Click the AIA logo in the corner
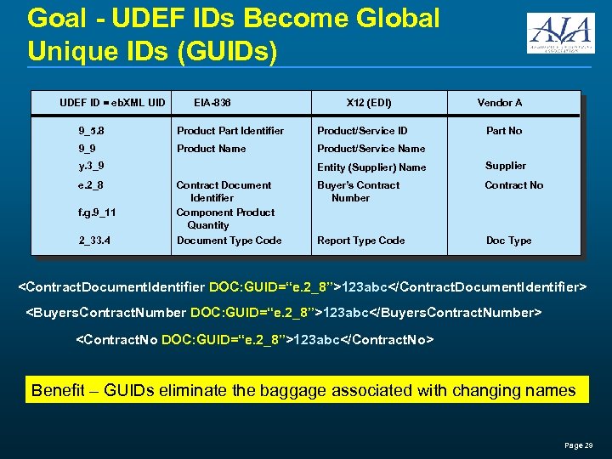click(560, 34)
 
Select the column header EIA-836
click(212, 103)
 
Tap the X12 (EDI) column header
click(369, 103)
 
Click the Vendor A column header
click(500, 103)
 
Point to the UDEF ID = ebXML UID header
click(112, 103)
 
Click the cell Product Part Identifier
click(229, 131)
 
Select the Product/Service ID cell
click(361, 131)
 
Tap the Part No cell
click(504, 131)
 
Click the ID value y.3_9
click(92, 165)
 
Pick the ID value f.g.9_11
click(97, 212)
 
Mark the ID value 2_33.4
click(94, 241)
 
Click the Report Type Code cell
click(360, 241)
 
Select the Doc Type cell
click(508, 241)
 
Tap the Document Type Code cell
click(229, 241)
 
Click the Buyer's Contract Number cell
click(358, 191)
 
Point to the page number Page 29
click(578, 445)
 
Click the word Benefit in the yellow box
click(58, 391)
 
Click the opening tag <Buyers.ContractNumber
click(107, 313)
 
